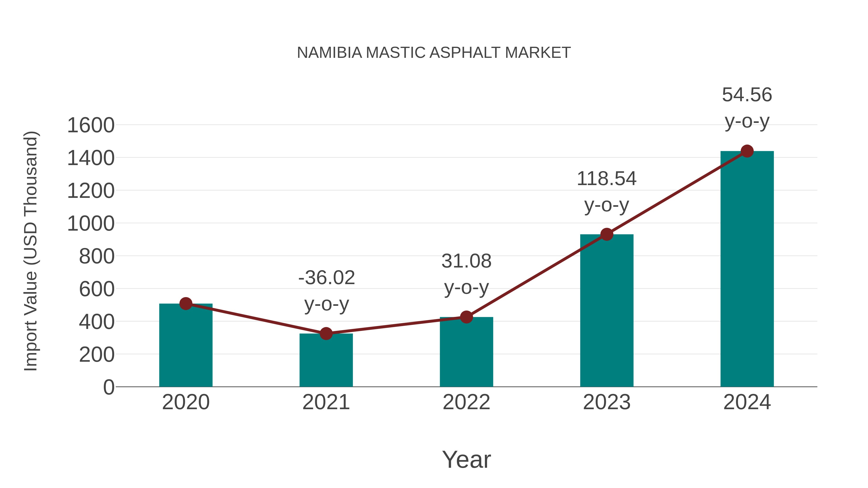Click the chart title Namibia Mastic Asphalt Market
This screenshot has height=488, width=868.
pos(434,53)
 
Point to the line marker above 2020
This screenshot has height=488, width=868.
pos(186,304)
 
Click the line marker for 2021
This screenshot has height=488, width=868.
pos(326,334)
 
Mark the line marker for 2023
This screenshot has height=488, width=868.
pos(607,234)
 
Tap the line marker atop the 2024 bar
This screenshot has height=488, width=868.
pos(747,151)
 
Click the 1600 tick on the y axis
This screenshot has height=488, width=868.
pos(91,125)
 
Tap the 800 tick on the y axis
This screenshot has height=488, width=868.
pos(97,256)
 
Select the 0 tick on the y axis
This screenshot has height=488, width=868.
pos(108,387)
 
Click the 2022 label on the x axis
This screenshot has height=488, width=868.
pos(466,402)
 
